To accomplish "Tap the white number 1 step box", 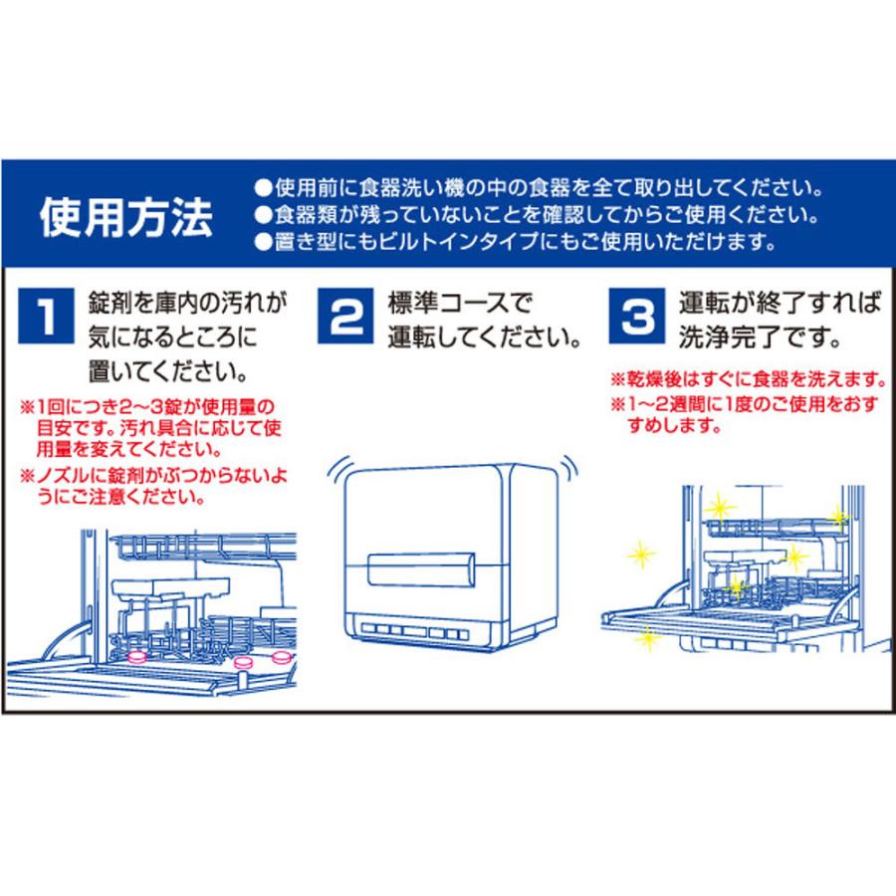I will pos(44,316).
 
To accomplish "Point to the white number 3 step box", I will pos(638,316).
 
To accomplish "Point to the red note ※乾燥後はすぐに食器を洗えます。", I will pos(747,381).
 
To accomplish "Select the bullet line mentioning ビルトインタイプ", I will pos(513,242).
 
